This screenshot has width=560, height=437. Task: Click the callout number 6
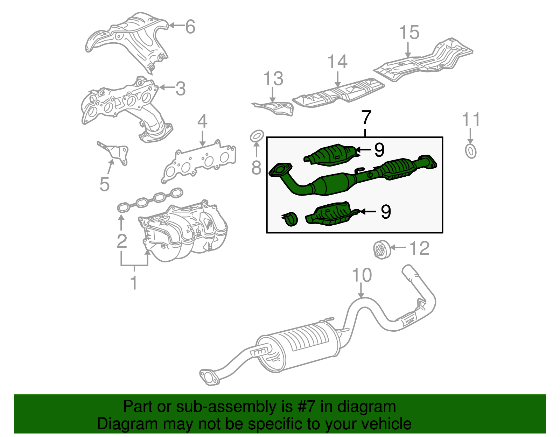[190, 27]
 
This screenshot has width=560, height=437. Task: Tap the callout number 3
[180, 89]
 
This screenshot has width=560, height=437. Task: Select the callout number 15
[409, 33]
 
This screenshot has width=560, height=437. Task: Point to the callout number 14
[337, 62]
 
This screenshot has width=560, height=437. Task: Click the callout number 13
[273, 79]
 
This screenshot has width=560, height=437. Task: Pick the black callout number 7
[366, 118]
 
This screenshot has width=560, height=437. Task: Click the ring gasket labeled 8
[257, 136]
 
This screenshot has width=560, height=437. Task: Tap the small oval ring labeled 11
[471, 151]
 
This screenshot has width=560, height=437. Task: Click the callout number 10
[362, 275]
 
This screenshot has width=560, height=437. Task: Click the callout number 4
[202, 121]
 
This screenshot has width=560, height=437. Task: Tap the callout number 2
[121, 241]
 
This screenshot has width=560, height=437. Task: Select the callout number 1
[134, 282]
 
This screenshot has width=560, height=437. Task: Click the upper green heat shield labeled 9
[331, 154]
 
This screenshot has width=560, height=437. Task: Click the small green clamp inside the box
[290, 219]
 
